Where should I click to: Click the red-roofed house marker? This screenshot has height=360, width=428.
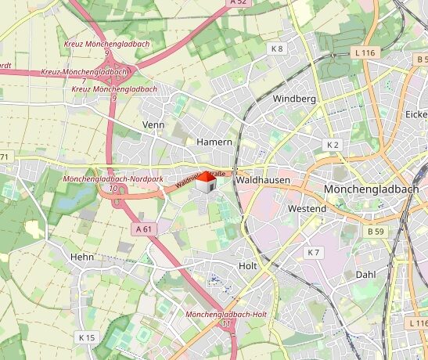pos(205,183)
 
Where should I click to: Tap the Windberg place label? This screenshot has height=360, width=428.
pos(294,99)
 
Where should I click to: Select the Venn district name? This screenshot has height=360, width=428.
pos(154,125)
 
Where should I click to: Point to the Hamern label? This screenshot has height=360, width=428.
pos(214,142)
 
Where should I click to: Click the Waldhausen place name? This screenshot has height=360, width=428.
pos(262,180)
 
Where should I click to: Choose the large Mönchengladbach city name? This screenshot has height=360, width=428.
pos(375,190)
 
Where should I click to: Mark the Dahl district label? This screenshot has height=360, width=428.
pos(366,275)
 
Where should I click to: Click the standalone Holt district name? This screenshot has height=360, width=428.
pos(247,266)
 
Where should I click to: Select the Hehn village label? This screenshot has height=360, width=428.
pos(82,257)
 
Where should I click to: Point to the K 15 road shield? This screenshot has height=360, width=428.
pos(86,337)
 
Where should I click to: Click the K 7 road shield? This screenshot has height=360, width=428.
pos(314,252)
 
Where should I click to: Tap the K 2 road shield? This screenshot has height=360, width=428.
pos(333,146)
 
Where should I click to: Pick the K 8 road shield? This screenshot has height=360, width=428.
pos(277,49)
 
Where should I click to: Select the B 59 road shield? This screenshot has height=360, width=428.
pos(376,232)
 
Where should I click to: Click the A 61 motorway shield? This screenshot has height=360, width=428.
pos(143,229)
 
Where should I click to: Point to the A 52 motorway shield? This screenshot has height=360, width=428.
pos(239,3)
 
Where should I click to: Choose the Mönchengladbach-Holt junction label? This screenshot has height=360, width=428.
pos(228,318)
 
